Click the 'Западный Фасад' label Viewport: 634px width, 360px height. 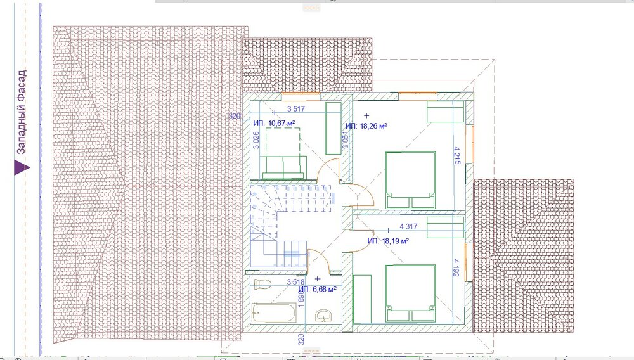coord(20,112)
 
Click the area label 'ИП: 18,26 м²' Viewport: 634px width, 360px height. coord(366,125)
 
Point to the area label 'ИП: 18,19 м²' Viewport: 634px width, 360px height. coord(388,241)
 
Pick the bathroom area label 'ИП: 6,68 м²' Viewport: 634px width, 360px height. coord(317,289)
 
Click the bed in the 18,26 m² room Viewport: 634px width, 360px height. coord(410,180)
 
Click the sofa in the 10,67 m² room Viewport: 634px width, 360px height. coord(285,166)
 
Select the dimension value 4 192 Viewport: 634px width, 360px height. coord(456,268)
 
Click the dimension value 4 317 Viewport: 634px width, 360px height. coord(411,226)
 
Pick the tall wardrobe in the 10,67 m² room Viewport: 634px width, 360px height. coord(333,129)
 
